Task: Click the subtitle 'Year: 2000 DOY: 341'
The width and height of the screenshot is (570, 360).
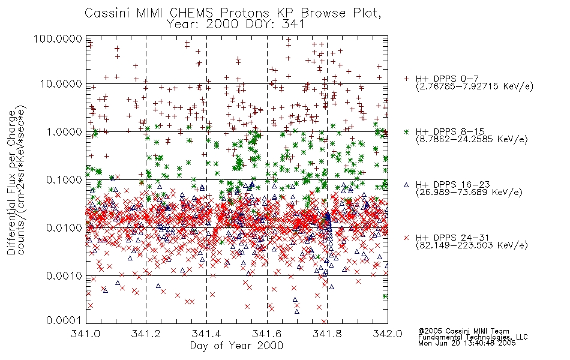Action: (x=238, y=25)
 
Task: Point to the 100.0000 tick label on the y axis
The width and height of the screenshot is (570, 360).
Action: (x=59, y=38)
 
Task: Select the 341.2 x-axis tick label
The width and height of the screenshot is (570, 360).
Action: (x=146, y=334)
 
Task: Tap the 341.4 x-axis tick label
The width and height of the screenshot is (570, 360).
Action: (x=206, y=334)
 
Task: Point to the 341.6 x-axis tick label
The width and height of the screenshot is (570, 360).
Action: (x=267, y=334)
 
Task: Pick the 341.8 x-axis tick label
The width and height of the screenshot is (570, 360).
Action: (x=327, y=334)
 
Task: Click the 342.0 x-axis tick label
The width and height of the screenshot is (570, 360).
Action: (x=387, y=334)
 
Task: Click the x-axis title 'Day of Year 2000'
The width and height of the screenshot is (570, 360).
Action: (x=236, y=346)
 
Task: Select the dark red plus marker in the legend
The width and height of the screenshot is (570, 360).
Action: (x=407, y=79)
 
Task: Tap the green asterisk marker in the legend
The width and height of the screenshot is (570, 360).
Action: (x=407, y=131)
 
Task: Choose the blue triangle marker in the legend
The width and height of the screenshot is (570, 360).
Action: (x=407, y=184)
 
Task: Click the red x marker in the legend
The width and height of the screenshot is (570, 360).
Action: (x=407, y=238)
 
